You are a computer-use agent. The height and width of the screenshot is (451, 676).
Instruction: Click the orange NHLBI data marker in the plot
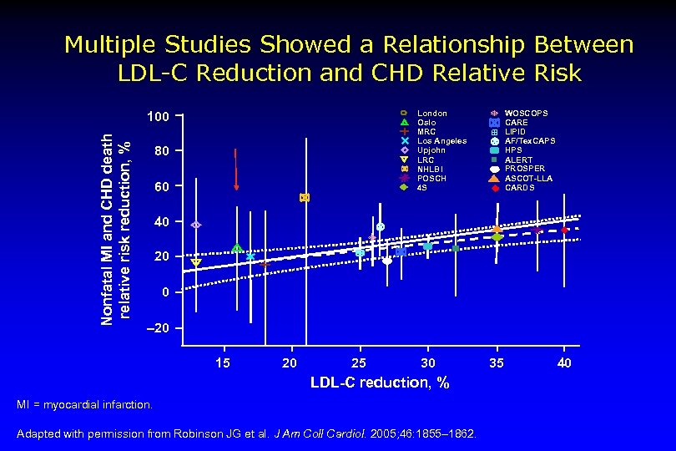click(305, 198)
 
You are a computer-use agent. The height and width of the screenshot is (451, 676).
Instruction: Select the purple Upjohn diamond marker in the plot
click(196, 225)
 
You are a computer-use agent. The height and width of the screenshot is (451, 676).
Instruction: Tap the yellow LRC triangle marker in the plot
click(196, 263)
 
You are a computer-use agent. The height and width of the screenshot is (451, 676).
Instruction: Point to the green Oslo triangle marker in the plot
click(237, 248)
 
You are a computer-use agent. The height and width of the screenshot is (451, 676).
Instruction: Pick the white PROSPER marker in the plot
click(387, 261)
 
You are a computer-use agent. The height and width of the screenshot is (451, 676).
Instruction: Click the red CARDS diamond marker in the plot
click(565, 230)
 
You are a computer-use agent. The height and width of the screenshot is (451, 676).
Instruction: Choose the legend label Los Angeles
click(441, 141)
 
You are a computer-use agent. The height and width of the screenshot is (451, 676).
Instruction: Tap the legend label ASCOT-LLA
click(528, 178)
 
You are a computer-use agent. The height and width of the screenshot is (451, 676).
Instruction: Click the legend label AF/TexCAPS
click(530, 141)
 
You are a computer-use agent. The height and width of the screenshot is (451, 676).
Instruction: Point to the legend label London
click(431, 113)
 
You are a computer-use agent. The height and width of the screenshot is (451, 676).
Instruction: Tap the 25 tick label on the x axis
click(359, 362)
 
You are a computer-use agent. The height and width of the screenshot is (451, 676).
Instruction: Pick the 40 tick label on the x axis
click(564, 362)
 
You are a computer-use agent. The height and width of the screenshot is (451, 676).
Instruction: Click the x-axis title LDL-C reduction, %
click(380, 383)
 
